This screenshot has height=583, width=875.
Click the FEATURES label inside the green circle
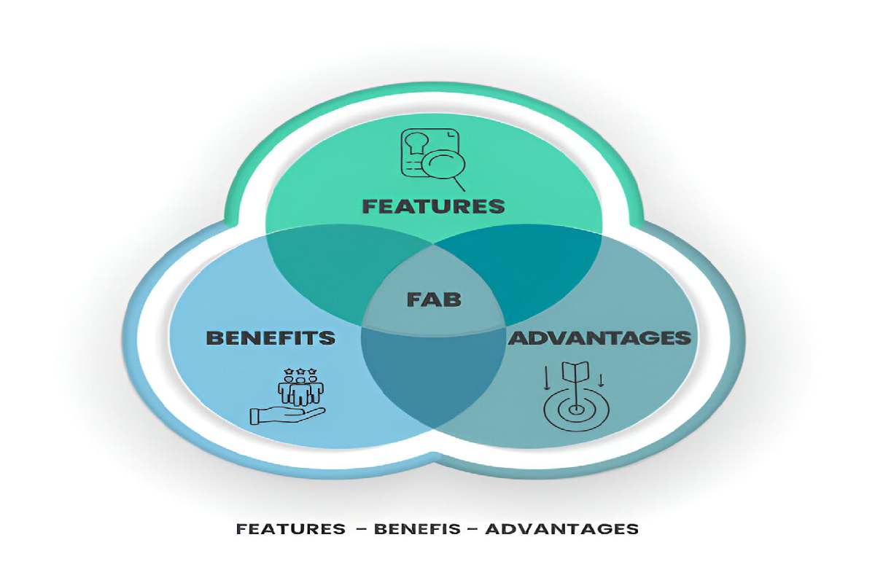434,206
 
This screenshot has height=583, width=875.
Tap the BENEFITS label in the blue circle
271,337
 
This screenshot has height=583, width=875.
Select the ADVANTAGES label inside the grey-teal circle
599,337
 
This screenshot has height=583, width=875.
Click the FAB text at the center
434,299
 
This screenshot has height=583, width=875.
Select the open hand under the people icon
287,416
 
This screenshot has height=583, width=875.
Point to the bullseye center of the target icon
575,410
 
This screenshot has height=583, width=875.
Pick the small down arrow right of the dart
601,380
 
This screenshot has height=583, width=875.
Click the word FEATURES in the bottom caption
291,529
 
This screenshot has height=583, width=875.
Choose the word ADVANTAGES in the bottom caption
562,529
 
